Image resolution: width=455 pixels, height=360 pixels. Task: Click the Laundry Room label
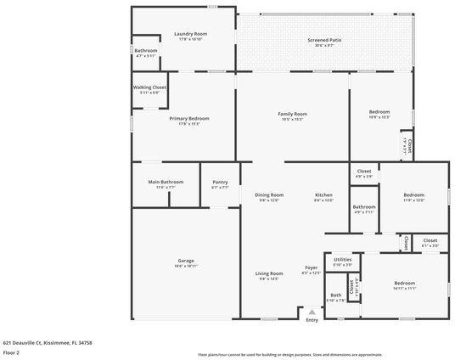(191, 34)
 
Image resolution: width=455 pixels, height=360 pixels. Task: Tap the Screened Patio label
(323, 40)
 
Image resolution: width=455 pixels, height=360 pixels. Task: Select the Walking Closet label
(149, 87)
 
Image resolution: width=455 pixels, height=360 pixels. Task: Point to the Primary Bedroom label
(189, 119)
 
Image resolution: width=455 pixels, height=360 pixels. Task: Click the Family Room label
(292, 114)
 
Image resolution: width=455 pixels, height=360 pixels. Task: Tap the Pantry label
(220, 182)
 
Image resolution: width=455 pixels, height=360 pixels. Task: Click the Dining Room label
(269, 194)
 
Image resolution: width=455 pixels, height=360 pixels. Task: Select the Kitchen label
(323, 194)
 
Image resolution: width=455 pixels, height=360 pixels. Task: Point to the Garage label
(185, 261)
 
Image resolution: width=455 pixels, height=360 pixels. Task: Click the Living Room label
(269, 273)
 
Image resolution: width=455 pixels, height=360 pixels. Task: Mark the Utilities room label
(343, 259)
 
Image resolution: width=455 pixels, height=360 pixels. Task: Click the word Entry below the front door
(312, 319)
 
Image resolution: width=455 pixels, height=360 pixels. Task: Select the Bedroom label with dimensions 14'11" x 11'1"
(404, 283)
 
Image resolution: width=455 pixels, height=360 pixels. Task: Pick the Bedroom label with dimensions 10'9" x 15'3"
(379, 112)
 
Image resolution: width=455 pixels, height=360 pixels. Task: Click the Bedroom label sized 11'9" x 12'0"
(413, 194)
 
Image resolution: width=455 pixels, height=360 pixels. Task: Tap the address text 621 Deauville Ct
(47, 342)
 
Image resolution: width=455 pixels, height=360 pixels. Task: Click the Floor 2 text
(11, 352)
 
